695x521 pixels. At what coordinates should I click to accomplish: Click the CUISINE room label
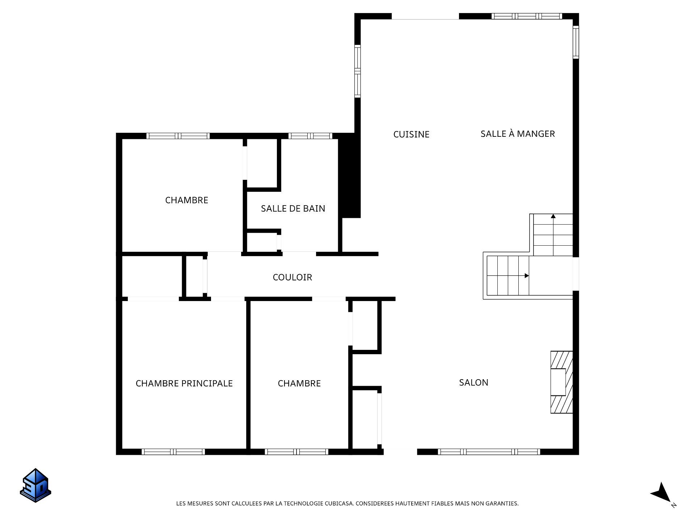click(411, 134)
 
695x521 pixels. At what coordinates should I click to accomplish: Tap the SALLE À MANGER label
click(517, 134)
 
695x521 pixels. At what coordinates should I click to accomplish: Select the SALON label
click(473, 382)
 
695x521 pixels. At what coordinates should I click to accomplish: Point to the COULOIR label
click(292, 277)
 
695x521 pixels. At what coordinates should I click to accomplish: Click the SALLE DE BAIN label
click(293, 208)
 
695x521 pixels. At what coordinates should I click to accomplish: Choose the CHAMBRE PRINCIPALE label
click(184, 383)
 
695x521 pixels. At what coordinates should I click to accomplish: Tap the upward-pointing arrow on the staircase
click(553, 217)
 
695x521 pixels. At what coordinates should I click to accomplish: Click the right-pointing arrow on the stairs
click(526, 276)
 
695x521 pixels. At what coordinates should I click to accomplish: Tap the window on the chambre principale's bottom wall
click(173, 452)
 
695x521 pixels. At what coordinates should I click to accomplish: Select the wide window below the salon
click(489, 452)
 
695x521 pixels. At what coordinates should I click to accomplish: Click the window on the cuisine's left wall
click(358, 71)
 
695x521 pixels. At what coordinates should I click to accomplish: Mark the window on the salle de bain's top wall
click(310, 136)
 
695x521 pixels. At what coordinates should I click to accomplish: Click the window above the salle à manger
click(527, 16)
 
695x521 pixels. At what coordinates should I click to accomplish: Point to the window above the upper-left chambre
click(178, 136)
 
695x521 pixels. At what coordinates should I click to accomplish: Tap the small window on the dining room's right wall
click(576, 42)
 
